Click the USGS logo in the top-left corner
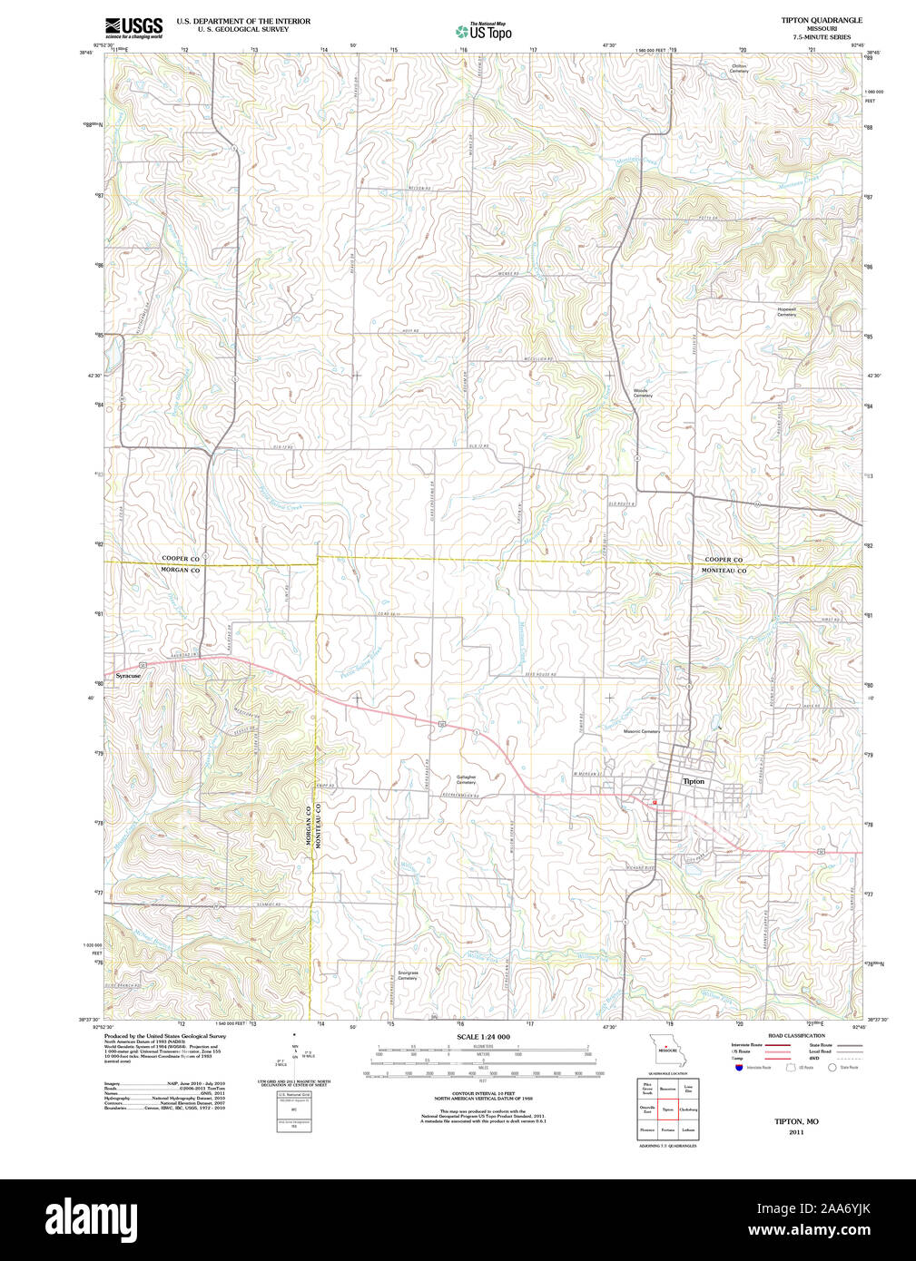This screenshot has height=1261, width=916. point(133,26)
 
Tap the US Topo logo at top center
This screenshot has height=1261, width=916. point(483,31)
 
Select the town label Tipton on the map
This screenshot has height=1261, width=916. point(693,781)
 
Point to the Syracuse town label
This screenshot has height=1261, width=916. point(128,676)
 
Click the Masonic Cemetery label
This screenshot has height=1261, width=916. point(642,731)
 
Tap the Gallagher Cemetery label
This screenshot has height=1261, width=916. point(466,779)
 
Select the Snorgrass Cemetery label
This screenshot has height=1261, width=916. point(407,975)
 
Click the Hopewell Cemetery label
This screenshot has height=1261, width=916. point(786,311)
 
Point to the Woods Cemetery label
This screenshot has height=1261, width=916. point(642,394)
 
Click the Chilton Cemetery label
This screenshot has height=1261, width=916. point(739,68)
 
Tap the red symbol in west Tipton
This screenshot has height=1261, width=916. point(654,802)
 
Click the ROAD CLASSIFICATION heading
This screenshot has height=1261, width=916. point(796,1035)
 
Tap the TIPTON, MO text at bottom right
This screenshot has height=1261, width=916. point(795,1121)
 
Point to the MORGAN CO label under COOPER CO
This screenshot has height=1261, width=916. point(180,570)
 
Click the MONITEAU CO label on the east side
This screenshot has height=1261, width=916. point(724,571)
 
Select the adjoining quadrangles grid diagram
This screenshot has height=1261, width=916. point(667,1109)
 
